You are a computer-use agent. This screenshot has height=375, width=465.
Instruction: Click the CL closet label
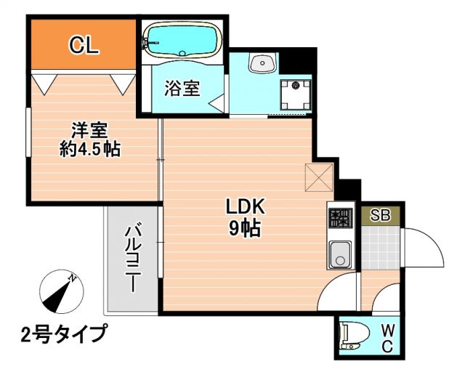pos(84,45)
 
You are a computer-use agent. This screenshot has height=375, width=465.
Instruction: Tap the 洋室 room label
pos(89,132)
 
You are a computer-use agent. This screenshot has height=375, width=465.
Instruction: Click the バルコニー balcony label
pos(132,259)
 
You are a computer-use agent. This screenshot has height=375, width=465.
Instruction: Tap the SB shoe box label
pos(380,215)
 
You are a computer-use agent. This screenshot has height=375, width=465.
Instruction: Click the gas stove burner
pos(339,217)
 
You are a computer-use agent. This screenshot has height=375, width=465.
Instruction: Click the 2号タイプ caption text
pos(64,335)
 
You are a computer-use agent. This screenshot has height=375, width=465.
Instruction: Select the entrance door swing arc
pos(424,248)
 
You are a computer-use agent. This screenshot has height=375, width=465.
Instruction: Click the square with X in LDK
pos(318,177)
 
